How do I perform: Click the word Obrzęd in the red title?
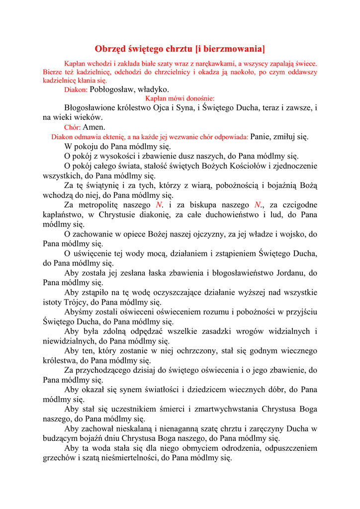(110, 49)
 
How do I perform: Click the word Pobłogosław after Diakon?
(112, 89)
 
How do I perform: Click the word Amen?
(94, 127)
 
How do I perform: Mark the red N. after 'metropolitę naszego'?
(159, 205)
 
